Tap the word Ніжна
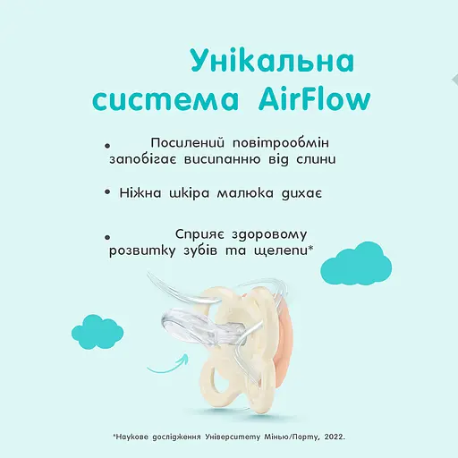[x=142, y=192]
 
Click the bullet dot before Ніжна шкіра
[x=107, y=193]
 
